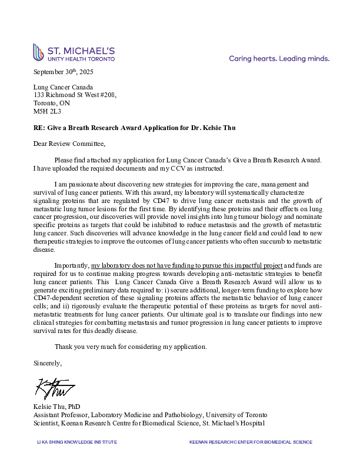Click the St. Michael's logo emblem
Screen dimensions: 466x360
(x=38, y=52)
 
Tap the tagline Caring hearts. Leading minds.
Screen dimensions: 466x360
(x=279, y=59)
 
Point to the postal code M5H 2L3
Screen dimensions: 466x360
(x=47, y=111)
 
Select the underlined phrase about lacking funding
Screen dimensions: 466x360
(x=187, y=265)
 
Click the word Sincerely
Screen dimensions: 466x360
(x=48, y=362)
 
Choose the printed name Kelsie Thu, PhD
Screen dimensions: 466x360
(x=58, y=407)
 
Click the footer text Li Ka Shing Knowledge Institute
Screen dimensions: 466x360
(x=77, y=442)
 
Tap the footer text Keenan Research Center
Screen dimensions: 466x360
(x=251, y=442)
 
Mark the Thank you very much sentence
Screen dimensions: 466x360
(x=131, y=347)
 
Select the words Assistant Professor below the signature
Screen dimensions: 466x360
(x=62, y=415)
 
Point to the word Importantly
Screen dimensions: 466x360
(x=72, y=265)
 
